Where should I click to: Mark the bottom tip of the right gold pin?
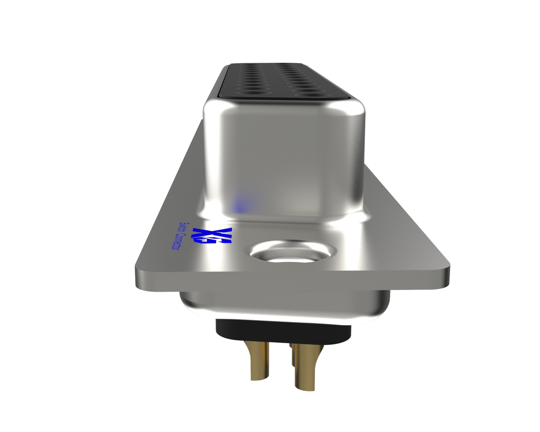305,388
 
